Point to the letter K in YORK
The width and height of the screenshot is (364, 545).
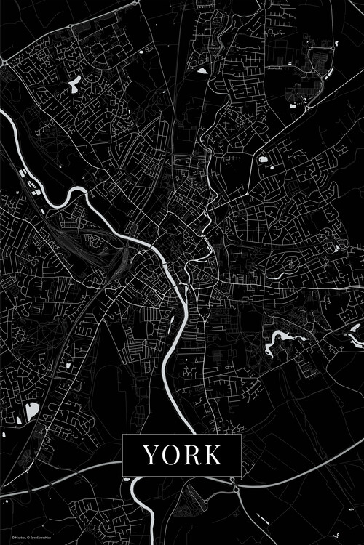click(x=213, y=455)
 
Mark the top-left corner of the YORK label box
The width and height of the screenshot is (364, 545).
click(x=122, y=435)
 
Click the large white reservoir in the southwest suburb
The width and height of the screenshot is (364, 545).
click(x=31, y=411)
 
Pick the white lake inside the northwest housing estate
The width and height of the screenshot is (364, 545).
click(x=74, y=84)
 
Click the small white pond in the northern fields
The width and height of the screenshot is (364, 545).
click(x=201, y=71)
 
